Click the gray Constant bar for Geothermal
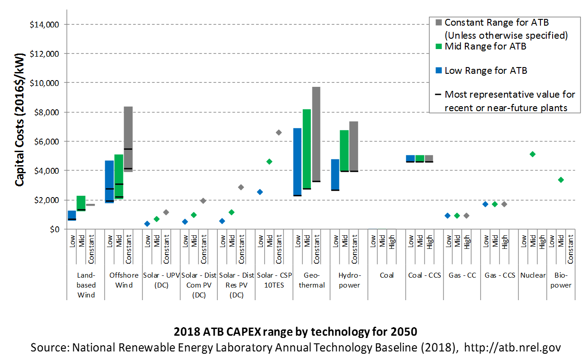(316, 134)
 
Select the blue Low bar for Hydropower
(335, 175)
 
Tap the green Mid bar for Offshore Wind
(119, 176)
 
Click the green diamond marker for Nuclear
(532, 154)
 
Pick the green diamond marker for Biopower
(561, 180)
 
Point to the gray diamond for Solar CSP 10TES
(279, 132)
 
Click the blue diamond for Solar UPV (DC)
(147, 224)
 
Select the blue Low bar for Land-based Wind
(72, 216)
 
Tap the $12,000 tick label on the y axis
(45, 54)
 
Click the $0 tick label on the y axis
(54, 229)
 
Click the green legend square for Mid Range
(439, 46)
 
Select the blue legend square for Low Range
(439, 70)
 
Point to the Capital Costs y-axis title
(20, 120)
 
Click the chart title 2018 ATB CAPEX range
(295, 332)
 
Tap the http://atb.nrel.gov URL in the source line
(513, 348)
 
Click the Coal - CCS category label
(424, 275)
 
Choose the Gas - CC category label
(462, 275)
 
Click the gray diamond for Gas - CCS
(504, 204)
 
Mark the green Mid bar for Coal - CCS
(420, 158)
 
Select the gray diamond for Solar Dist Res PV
(241, 187)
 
